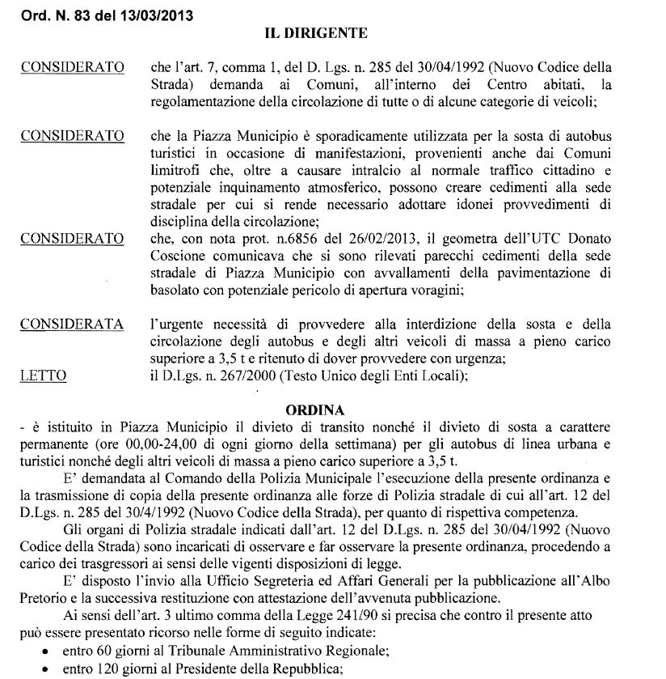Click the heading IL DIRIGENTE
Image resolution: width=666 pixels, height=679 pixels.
(x=317, y=33)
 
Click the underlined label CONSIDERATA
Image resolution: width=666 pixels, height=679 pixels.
(x=72, y=325)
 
